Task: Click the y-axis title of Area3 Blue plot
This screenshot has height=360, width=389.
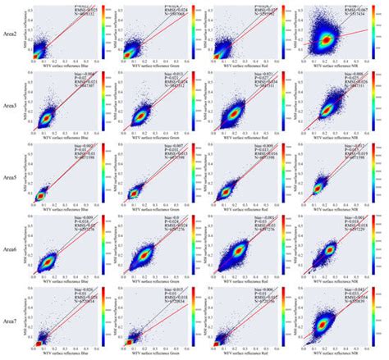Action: click(25, 103)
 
